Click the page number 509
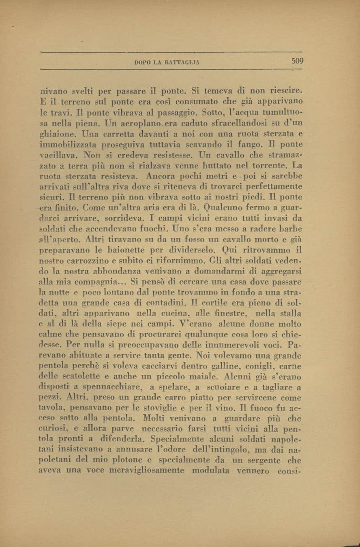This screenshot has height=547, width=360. pos(297,62)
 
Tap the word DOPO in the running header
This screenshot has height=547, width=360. pos(142,62)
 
